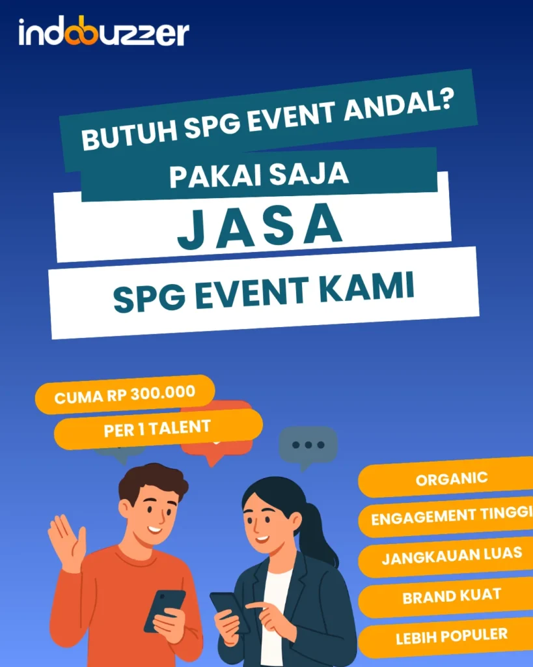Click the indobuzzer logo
pyautogui.click(x=103, y=33)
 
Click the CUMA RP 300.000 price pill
pyautogui.click(x=124, y=395)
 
